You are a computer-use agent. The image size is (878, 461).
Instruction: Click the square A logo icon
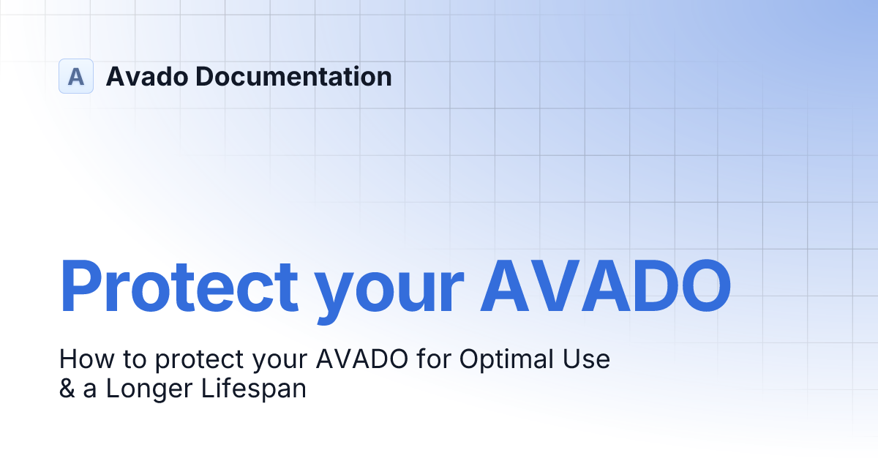click(76, 76)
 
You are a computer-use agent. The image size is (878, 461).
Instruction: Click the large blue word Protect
click(179, 285)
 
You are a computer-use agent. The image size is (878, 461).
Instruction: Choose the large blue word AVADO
click(605, 284)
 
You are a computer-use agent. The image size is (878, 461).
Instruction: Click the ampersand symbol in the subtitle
click(67, 389)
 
